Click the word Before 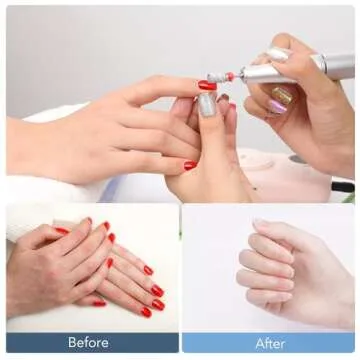click(88, 343)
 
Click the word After click(270, 343)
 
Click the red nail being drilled click(207, 86)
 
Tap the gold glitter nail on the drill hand click(283, 96)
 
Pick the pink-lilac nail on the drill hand click(276, 106)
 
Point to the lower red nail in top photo click(190, 165)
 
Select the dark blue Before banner click(90, 343)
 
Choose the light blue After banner click(270, 343)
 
